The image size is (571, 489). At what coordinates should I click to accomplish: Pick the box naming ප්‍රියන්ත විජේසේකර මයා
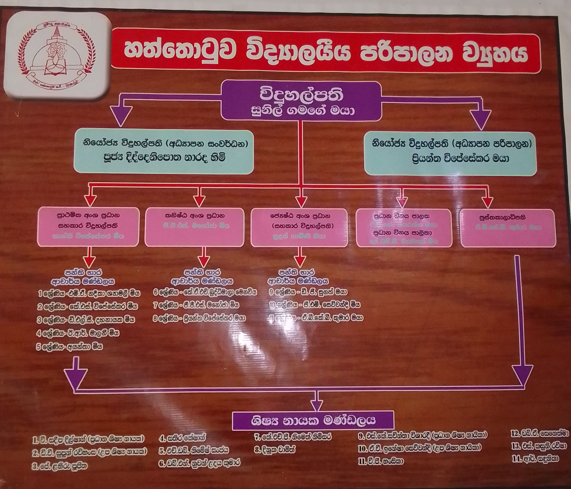pyautogui.click(x=450, y=154)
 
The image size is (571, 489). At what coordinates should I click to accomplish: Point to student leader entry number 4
pyautogui.click(x=182, y=437)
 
